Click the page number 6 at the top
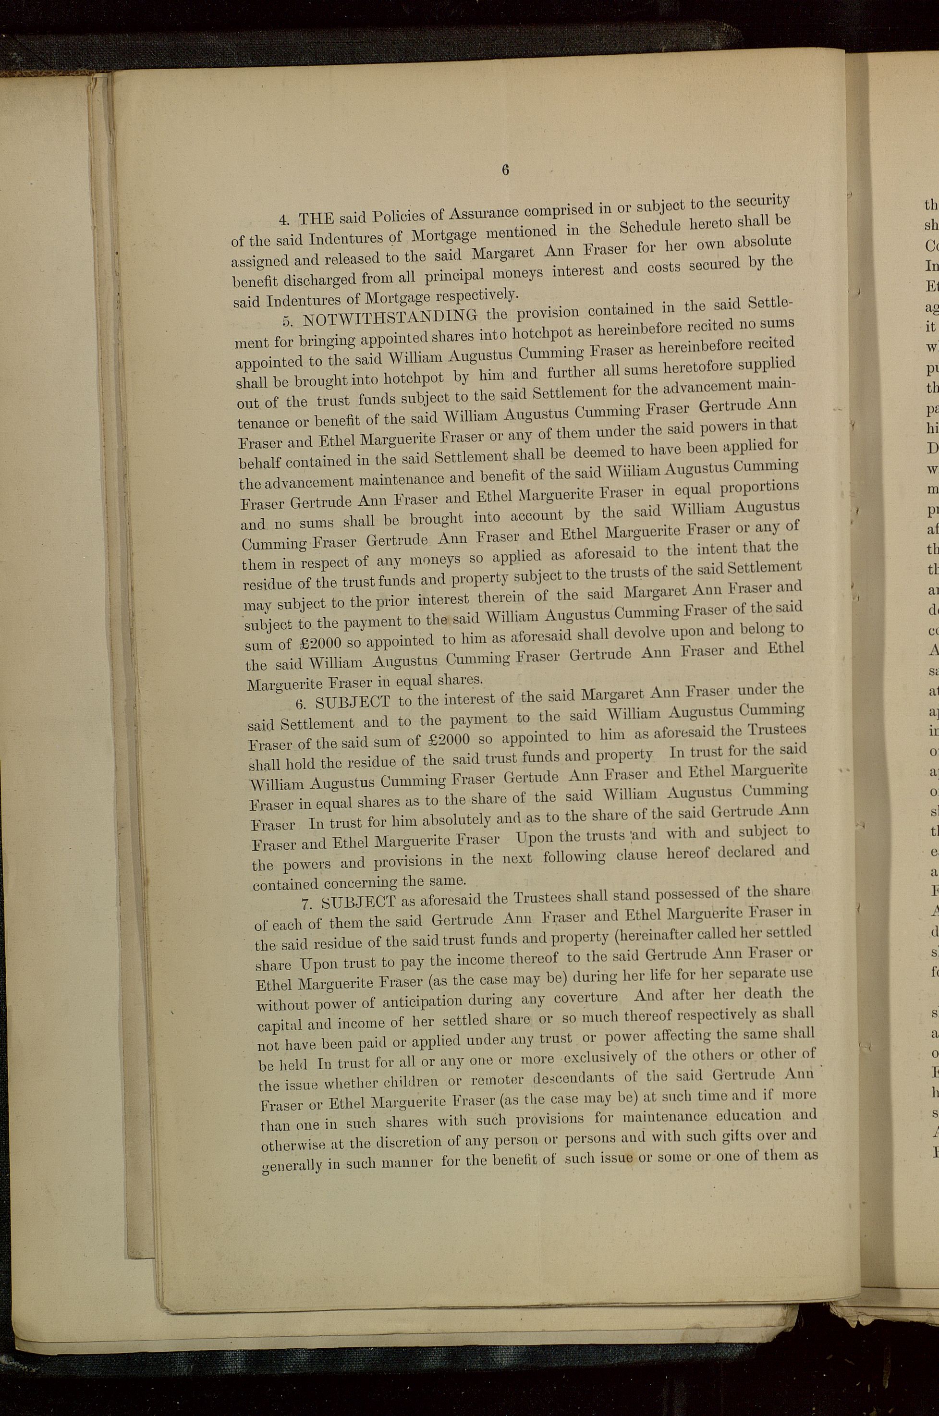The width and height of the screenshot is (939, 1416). coord(505,170)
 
